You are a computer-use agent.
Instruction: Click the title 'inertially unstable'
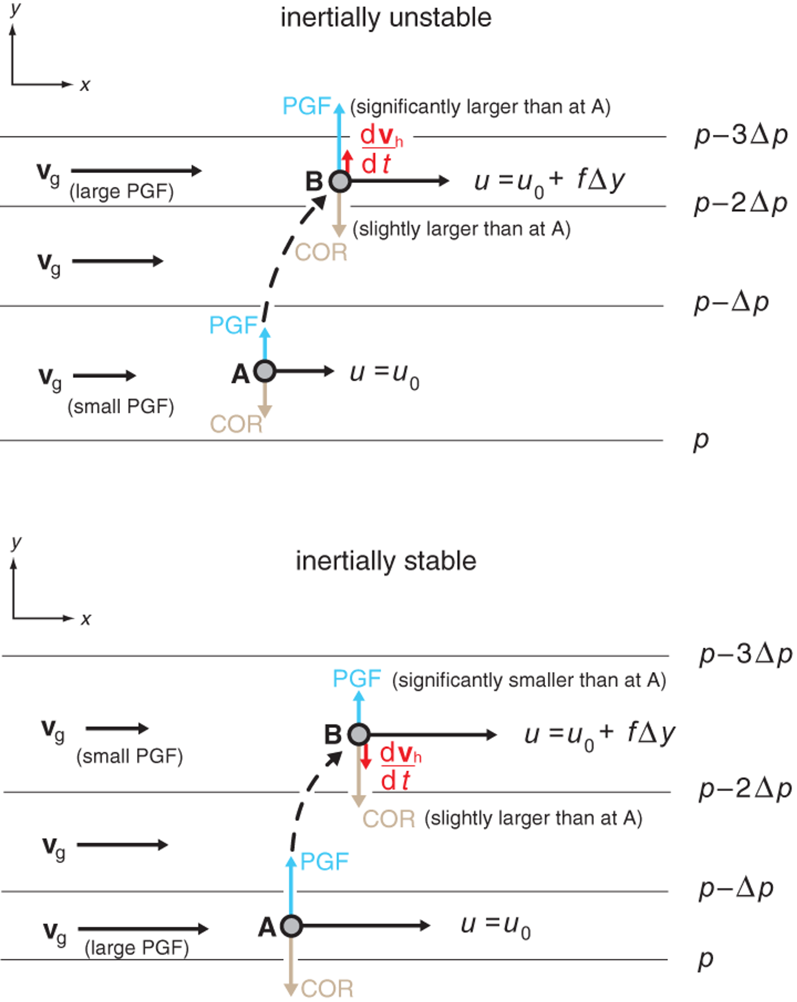point(386,17)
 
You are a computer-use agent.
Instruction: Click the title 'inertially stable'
point(386,561)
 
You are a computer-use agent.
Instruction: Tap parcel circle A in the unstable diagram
point(265,371)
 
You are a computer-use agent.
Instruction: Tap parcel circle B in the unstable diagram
point(340,181)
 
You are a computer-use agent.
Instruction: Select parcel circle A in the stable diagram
point(291,926)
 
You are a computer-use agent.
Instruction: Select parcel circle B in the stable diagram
point(359,734)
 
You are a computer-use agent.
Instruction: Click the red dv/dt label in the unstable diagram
point(381,149)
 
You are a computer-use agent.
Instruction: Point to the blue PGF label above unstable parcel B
point(306,106)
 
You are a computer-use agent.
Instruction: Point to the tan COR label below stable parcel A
point(327,989)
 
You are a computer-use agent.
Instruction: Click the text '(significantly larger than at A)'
point(480,107)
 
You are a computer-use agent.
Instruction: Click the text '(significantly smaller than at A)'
point(529,681)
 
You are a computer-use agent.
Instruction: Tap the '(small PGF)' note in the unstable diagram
point(121,407)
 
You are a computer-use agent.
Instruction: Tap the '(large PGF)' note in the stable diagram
point(137,948)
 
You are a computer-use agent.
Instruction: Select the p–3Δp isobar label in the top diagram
point(741,136)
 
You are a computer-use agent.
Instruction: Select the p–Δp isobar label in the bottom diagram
point(736,888)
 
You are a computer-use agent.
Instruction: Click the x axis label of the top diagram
point(85,85)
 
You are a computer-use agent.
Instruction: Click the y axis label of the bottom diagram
point(17,542)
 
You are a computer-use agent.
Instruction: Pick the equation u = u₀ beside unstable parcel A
point(385,375)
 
